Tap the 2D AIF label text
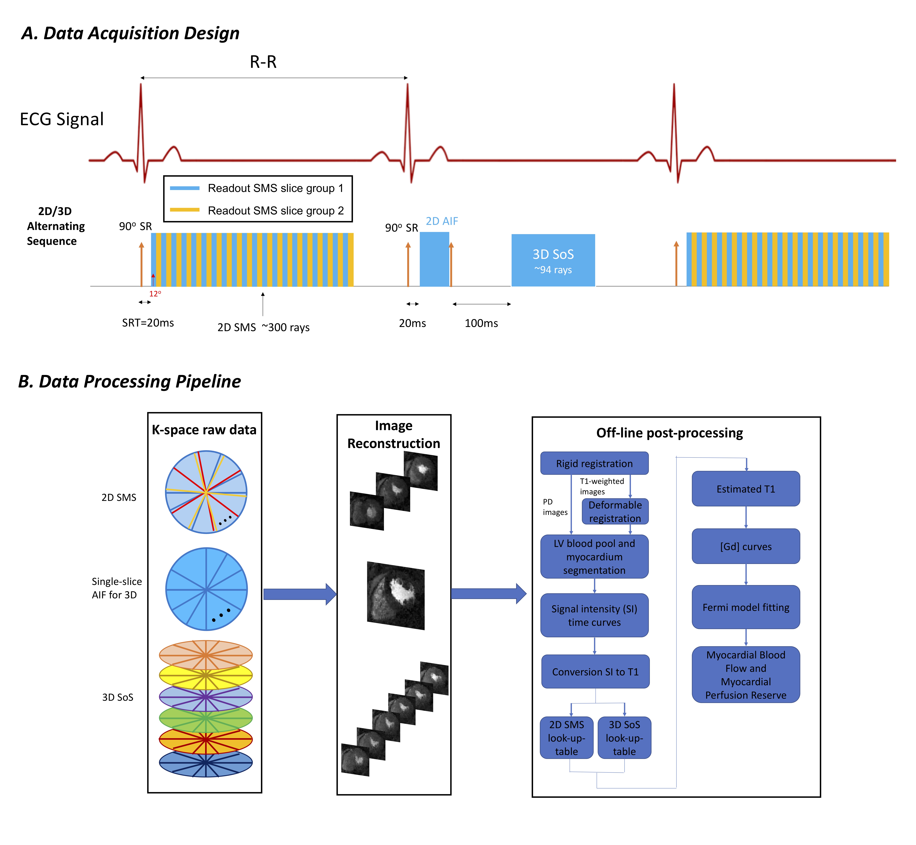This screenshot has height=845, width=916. tap(442, 221)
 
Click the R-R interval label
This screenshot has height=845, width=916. tap(263, 62)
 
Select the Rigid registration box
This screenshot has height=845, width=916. tap(594, 463)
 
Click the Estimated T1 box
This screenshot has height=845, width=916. tap(745, 489)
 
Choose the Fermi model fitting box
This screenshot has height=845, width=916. tap(745, 607)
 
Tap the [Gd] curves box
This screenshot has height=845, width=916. tap(745, 546)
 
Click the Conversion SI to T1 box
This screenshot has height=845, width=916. tap(595, 672)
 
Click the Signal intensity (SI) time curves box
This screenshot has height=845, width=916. tap(594, 615)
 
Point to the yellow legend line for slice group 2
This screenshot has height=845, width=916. tap(184, 210)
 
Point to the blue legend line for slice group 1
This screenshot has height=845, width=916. tap(184, 188)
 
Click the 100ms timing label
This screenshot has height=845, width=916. tap(481, 323)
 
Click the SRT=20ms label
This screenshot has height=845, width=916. tap(148, 323)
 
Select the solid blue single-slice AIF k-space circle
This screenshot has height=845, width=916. tap(206, 589)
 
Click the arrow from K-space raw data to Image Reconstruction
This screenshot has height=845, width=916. tap(300, 594)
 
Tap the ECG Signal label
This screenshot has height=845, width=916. tap(62, 119)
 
